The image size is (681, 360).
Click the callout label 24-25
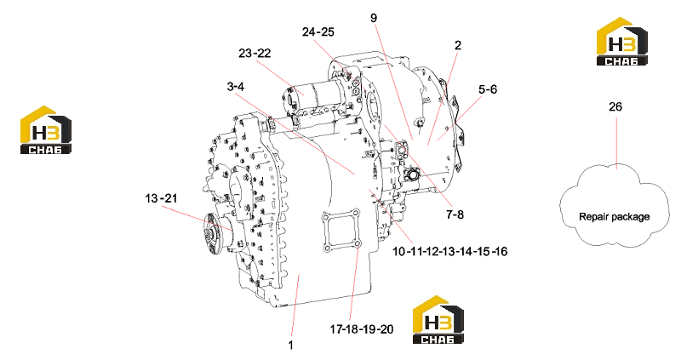click(x=318, y=32)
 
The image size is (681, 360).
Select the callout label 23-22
click(x=255, y=53)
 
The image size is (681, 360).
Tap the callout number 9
click(x=374, y=18)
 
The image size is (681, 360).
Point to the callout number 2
click(x=458, y=45)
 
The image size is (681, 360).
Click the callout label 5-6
click(x=488, y=89)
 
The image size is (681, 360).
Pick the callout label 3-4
click(x=236, y=87)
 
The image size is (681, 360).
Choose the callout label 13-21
click(x=161, y=198)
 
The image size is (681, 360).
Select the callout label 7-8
click(x=455, y=214)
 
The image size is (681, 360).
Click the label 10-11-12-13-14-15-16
click(x=450, y=251)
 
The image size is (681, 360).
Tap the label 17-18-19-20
click(x=362, y=329)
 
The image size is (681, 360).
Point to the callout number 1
click(x=291, y=346)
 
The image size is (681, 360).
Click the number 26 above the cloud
click(x=615, y=107)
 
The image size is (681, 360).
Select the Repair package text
click(x=614, y=217)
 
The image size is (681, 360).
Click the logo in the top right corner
click(x=622, y=42)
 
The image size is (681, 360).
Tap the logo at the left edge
click(x=46, y=130)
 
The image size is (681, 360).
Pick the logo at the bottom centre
click(x=438, y=320)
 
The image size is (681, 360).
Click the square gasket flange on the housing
click(x=340, y=231)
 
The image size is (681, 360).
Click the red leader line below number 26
click(x=616, y=143)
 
